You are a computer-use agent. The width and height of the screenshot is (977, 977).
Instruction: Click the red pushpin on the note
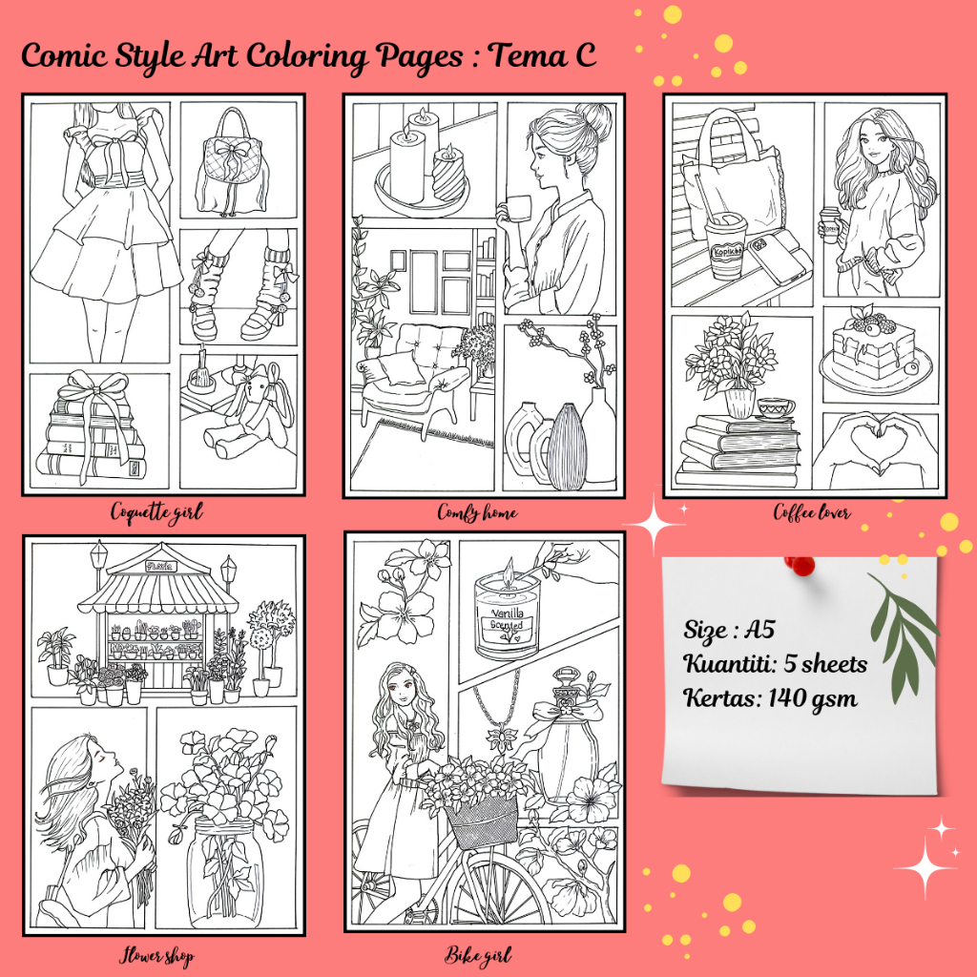point(800,565)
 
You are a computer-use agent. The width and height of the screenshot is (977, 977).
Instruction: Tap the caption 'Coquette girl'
point(156,512)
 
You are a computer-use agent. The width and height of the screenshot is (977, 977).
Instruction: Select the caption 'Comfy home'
point(477,512)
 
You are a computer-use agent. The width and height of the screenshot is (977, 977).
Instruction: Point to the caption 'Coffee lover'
point(812,512)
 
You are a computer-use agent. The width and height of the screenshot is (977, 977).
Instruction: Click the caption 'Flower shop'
point(156,956)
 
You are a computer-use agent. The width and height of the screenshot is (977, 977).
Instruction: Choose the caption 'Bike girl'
point(478,955)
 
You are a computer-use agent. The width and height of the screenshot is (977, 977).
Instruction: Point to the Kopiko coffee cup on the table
point(725,245)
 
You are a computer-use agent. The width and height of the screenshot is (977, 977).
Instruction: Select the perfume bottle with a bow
point(564,736)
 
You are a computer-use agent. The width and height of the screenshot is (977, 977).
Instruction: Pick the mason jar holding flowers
point(225,871)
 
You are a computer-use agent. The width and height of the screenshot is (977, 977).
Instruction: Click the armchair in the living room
point(411,374)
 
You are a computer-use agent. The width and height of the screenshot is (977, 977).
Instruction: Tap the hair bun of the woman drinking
point(595,116)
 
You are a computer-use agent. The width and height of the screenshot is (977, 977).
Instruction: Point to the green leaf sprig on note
point(902,636)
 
